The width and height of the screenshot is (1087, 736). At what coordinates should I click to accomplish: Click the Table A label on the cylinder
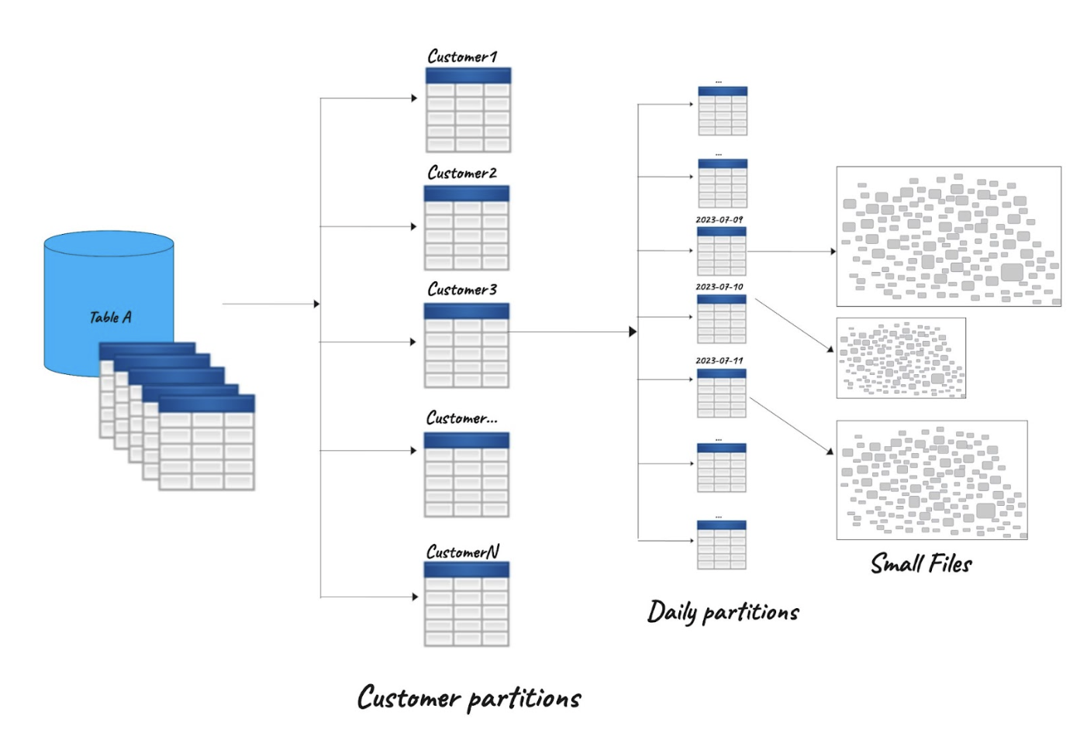pyautogui.click(x=110, y=317)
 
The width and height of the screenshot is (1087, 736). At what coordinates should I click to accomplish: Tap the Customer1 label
pyautogui.click(x=462, y=57)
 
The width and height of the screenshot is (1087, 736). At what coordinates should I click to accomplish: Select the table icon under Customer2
pyautogui.click(x=467, y=228)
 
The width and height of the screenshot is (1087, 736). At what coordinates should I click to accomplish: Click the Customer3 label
pyautogui.click(x=462, y=290)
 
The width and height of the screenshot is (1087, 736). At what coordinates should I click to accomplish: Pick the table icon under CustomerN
pyautogui.click(x=467, y=604)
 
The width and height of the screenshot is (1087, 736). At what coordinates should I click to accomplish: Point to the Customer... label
pyautogui.click(x=462, y=418)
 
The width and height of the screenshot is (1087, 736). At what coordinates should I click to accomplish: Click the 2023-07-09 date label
pyautogui.click(x=719, y=220)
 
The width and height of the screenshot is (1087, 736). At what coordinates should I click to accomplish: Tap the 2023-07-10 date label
pyautogui.click(x=719, y=287)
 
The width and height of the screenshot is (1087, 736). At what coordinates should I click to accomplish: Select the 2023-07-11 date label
pyautogui.click(x=719, y=361)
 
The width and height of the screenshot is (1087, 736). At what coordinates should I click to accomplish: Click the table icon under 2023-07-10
pyautogui.click(x=721, y=319)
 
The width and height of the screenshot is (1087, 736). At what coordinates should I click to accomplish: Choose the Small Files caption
pyautogui.click(x=921, y=563)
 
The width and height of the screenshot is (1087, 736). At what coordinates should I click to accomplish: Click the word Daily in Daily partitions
pyautogui.click(x=671, y=612)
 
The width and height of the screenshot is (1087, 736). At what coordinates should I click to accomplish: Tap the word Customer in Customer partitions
pyautogui.click(x=409, y=697)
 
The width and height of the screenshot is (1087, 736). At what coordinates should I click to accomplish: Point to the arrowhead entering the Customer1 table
pyautogui.click(x=414, y=98)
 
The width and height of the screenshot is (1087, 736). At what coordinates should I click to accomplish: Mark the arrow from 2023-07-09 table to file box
pyautogui.click(x=791, y=251)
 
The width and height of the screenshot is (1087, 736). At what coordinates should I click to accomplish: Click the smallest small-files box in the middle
pyautogui.click(x=901, y=358)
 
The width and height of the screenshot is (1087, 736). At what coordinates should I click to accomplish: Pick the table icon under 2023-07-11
pyautogui.click(x=721, y=394)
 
